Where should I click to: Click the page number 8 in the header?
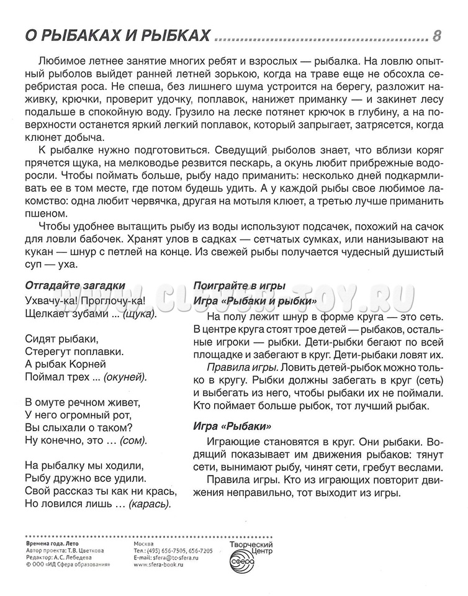[436, 36]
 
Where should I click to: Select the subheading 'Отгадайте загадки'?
[75, 286]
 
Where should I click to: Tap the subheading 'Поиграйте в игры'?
[240, 286]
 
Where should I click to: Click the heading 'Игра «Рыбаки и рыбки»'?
[256, 300]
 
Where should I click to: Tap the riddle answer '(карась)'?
[149, 503]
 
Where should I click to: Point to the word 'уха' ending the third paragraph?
[65, 263]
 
